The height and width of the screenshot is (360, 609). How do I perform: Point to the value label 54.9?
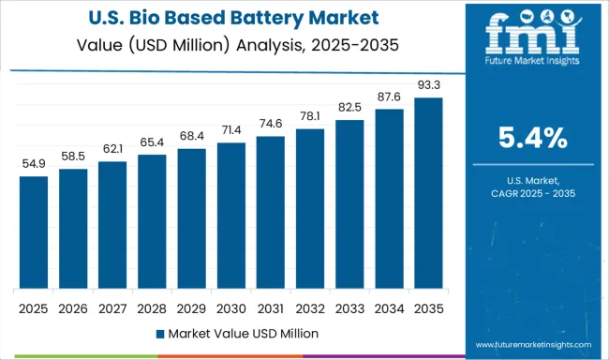coord(33,165)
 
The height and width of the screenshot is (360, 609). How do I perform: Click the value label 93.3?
coord(429,86)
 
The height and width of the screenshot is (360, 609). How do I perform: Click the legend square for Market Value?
coord(160,333)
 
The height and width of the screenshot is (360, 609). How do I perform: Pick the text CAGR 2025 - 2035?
coord(532,193)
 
